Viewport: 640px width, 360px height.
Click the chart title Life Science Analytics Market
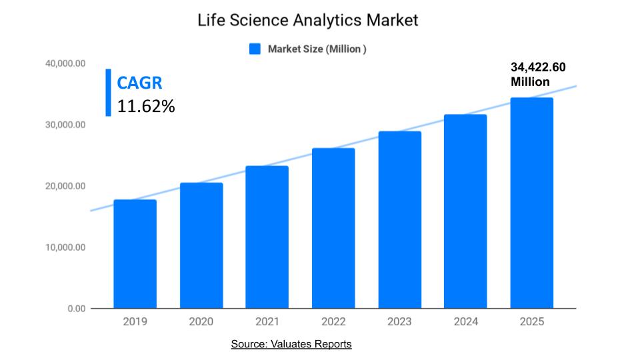[308, 21]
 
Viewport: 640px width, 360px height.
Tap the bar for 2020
[201, 245]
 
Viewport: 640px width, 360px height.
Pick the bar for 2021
[267, 237]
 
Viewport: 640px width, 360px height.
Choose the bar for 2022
[333, 228]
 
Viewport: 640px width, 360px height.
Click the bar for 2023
[399, 219]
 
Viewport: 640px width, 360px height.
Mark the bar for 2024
[465, 211]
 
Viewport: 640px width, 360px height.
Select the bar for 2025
[531, 203]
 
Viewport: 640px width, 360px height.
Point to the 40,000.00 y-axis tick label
[66, 63]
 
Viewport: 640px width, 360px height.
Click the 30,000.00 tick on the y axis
[66, 125]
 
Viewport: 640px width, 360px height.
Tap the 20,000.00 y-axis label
[66, 186]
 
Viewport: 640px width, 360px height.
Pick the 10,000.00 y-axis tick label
[66, 247]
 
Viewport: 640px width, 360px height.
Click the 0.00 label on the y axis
[77, 309]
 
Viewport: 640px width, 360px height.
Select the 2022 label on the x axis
[333, 321]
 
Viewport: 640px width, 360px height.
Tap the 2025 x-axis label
[531, 321]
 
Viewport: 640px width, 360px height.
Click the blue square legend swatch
[255, 49]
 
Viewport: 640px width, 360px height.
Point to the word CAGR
[139, 83]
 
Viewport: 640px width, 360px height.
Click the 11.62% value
[146, 105]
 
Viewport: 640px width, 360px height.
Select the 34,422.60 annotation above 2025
[538, 67]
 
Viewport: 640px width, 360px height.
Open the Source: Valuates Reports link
[291, 344]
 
